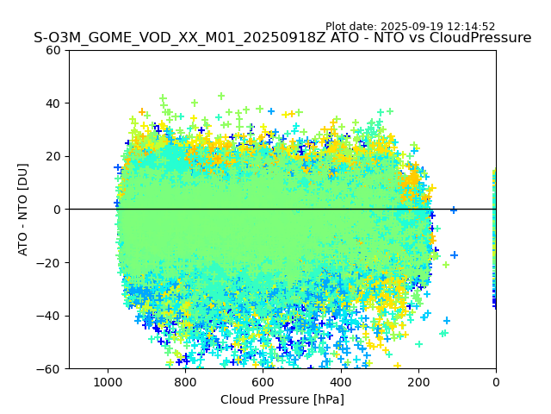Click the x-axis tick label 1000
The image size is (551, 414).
point(108,382)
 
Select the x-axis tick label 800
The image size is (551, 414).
point(185,382)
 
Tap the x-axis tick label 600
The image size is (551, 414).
point(263,382)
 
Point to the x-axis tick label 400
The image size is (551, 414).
point(341,382)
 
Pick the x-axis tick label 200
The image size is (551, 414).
point(418,382)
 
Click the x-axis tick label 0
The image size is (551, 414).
point(496,382)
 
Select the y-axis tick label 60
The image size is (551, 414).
point(54,50)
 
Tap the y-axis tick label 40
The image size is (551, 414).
point(54,103)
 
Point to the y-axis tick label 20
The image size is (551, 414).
point(54,156)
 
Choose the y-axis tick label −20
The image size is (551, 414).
point(50,262)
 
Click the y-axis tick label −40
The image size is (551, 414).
point(50,316)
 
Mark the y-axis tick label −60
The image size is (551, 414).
point(50,368)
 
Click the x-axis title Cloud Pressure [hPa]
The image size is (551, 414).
point(282,399)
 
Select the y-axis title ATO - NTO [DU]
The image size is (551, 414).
point(23,210)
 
